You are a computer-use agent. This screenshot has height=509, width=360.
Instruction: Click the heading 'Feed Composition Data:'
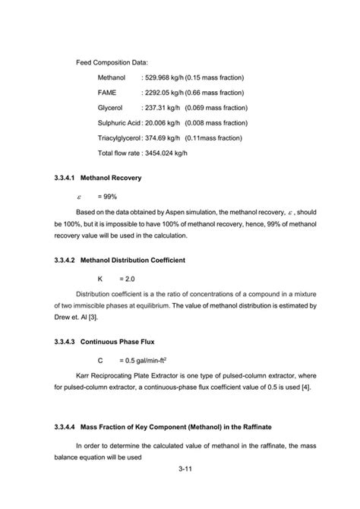click(x=112, y=61)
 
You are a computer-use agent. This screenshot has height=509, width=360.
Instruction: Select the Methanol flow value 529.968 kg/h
click(x=165, y=77)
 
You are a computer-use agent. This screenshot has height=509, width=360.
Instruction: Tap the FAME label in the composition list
click(x=108, y=93)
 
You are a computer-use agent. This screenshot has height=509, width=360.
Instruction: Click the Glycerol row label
click(x=110, y=108)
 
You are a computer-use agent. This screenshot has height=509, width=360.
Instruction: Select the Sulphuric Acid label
click(x=119, y=123)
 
